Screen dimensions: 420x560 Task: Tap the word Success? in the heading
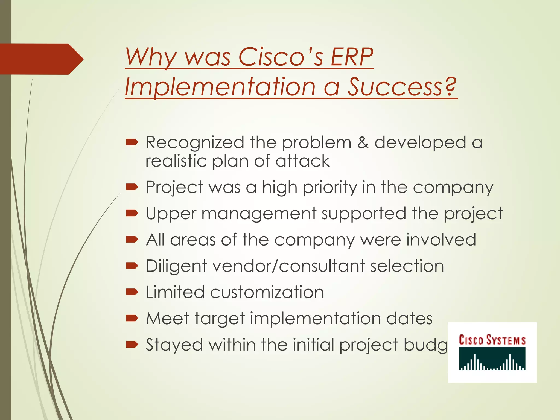pyautogui.click(x=402, y=87)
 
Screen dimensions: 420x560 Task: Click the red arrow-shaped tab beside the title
pyautogui.click(x=41, y=59)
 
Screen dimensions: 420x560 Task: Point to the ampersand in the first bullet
pyautogui.click(x=363, y=143)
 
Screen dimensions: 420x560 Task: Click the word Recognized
pyautogui.click(x=195, y=143)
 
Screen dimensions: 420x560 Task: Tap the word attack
pyautogui.click(x=302, y=161)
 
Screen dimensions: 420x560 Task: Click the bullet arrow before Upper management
pyautogui.click(x=132, y=213)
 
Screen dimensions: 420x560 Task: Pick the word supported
pyautogui.click(x=364, y=214)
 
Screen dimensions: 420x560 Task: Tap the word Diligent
pyautogui.click(x=176, y=266)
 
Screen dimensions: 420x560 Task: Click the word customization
pyautogui.click(x=267, y=292)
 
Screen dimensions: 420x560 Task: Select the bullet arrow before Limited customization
pyautogui.click(x=132, y=292)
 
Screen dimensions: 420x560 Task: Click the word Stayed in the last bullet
pyautogui.click(x=174, y=345)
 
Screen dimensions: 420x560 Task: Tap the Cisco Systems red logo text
pyautogui.click(x=492, y=340)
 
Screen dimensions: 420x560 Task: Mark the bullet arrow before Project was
pyautogui.click(x=132, y=187)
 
